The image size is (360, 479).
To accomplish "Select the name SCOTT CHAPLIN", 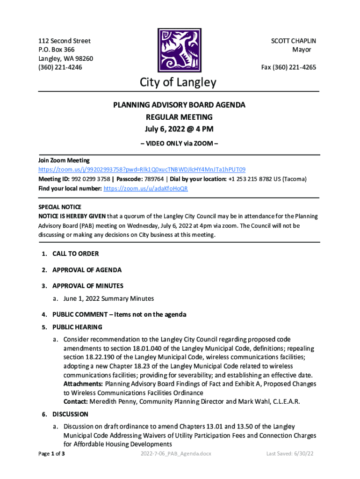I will point(294,41).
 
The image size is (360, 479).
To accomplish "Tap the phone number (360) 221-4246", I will point(60,67).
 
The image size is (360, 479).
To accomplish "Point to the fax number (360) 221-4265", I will point(288,67).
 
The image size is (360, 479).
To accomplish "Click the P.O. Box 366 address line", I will point(56,50).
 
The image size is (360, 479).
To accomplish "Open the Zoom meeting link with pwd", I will point(142,169).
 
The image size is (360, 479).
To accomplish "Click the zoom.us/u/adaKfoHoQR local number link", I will point(145,188).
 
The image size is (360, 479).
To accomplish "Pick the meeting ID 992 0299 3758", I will point(91,179).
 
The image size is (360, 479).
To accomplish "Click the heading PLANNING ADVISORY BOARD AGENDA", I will point(179,105).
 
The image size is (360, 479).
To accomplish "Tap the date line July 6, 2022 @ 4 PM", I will point(179,129).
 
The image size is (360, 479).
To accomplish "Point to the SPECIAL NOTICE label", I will point(59,207).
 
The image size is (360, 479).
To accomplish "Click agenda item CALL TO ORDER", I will point(75,254).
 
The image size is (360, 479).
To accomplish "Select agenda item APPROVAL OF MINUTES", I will point(88,285).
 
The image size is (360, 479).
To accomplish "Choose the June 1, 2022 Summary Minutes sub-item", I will point(109,298).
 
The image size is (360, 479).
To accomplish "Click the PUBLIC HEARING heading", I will point(77,327).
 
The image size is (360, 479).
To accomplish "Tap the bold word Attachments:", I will point(83,384).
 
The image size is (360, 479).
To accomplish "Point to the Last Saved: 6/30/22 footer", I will point(289,454).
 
